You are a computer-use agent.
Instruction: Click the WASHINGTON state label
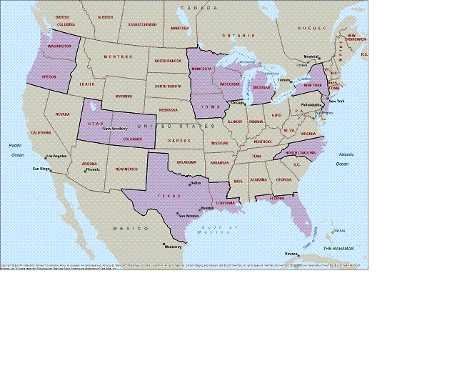[x=59, y=46]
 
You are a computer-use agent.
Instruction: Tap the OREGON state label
[x=49, y=76]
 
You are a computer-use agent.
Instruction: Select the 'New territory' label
[x=115, y=129]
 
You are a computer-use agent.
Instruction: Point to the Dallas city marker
[x=190, y=184]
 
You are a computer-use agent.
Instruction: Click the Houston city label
[x=208, y=208]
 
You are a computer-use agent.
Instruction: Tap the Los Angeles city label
[x=57, y=156]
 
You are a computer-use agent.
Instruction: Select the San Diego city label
[x=41, y=169]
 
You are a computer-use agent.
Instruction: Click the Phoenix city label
[x=93, y=169]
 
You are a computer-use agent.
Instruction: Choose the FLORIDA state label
[x=277, y=198]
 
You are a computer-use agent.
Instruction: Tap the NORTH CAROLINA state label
[x=301, y=153]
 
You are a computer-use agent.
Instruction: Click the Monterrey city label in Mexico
[x=174, y=247]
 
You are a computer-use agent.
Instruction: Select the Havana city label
[x=291, y=253]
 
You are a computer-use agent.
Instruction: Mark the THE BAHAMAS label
[x=338, y=248]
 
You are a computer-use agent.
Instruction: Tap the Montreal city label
[x=311, y=57]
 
